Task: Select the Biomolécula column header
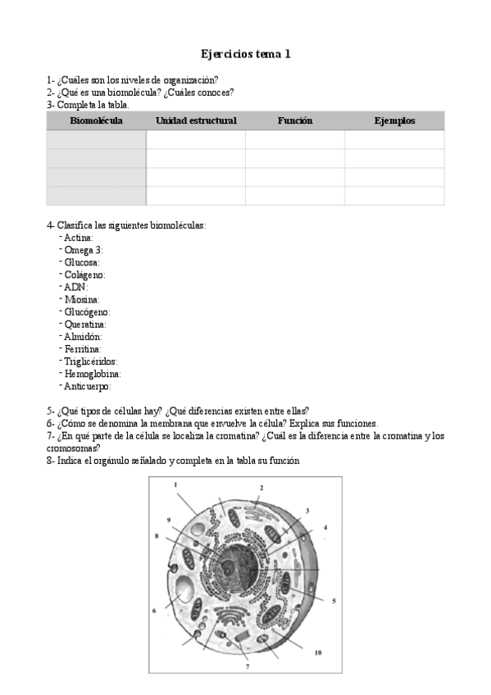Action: point(96,120)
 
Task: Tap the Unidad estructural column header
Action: point(196,120)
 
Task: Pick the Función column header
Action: point(295,120)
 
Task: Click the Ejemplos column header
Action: point(394,120)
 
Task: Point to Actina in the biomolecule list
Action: point(79,238)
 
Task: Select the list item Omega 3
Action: point(83,250)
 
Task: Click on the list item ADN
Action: point(75,287)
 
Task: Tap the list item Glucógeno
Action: point(87,312)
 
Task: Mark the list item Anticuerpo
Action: point(87,386)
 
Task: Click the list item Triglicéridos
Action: point(91,361)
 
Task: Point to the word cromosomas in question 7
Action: point(74,448)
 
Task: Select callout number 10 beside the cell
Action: point(318,653)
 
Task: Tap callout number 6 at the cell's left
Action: point(154,611)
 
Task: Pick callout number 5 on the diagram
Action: point(334,601)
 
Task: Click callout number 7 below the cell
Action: point(248,667)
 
